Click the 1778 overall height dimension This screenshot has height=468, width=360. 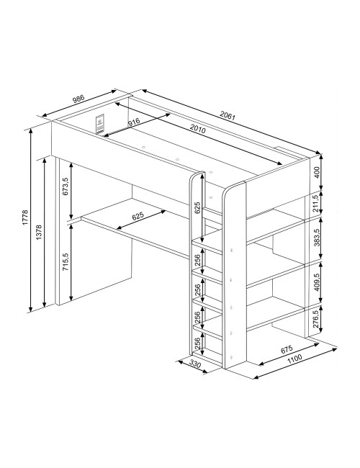(25, 217)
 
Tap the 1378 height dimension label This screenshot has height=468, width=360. (39, 233)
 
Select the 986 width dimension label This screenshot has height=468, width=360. (78, 99)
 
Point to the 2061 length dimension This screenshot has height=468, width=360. (228, 115)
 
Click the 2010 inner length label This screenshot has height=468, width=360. (197, 129)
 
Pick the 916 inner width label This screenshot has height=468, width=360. (133, 122)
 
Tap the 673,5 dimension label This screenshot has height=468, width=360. (66, 186)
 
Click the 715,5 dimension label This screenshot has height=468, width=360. (66, 262)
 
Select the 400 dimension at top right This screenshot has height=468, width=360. (317, 172)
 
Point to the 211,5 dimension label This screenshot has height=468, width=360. (317, 204)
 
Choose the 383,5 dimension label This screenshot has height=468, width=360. (317, 237)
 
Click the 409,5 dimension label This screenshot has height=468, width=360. (317, 282)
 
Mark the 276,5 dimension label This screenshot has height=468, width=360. (317, 319)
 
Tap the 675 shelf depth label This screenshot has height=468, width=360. (287, 349)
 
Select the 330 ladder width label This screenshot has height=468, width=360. (194, 364)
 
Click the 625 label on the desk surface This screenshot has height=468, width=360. (138, 216)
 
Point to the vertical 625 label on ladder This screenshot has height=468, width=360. (197, 208)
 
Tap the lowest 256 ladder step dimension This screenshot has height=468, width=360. (197, 343)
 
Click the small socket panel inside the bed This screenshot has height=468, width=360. (100, 124)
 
